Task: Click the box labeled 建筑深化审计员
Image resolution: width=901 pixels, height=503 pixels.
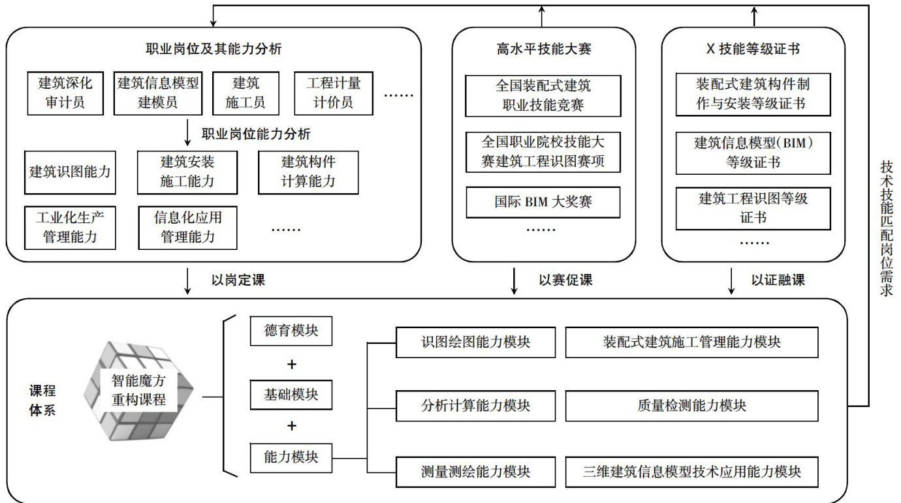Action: (x=65, y=93)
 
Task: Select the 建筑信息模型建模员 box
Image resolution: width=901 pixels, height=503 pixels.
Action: (x=158, y=93)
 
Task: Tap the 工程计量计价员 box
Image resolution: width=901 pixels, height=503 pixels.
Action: (x=334, y=93)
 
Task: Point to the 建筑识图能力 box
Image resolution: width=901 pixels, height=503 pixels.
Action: (x=70, y=172)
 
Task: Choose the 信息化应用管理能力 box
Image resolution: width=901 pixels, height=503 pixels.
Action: (x=187, y=228)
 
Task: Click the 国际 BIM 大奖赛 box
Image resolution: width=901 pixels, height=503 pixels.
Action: (x=543, y=202)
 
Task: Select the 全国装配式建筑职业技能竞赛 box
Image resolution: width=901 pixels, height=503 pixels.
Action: (x=543, y=96)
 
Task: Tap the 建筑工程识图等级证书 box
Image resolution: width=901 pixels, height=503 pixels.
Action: (x=753, y=208)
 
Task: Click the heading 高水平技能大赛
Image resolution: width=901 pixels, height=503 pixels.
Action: (x=544, y=49)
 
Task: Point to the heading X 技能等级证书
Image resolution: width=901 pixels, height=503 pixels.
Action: (x=753, y=49)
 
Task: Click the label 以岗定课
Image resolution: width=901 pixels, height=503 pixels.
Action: (x=238, y=281)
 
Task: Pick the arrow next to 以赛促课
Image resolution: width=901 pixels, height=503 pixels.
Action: (x=514, y=281)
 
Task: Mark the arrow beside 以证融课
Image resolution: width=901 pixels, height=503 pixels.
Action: (x=731, y=281)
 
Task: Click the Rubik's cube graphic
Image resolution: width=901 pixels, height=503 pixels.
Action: (x=138, y=390)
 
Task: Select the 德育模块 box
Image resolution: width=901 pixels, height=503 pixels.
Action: (x=291, y=331)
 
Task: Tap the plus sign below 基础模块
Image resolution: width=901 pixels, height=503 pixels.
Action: (x=292, y=426)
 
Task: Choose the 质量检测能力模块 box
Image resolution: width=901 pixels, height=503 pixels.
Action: (x=692, y=406)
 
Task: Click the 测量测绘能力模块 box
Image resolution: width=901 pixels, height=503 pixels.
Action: (x=475, y=472)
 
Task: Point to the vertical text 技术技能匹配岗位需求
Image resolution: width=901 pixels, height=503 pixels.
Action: (x=887, y=228)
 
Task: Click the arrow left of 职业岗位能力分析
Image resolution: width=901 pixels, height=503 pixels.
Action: (x=187, y=132)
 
